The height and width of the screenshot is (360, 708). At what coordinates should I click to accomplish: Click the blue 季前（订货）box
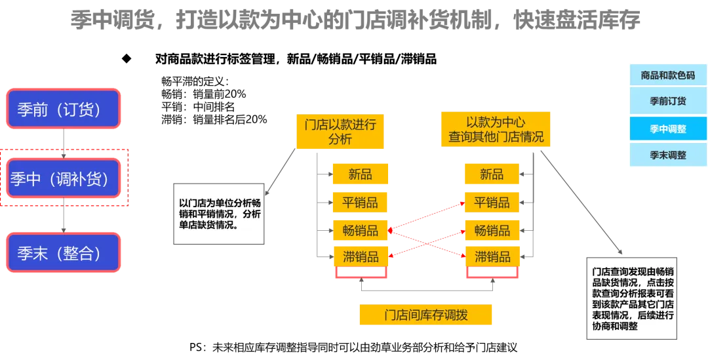tap(63, 108)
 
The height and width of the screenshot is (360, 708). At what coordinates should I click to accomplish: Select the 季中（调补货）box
tap(63, 178)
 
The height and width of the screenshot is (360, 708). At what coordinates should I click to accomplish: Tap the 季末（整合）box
tap(63, 252)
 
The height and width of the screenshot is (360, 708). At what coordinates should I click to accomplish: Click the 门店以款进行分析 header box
tap(340, 130)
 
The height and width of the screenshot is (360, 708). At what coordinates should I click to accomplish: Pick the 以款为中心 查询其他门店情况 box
tap(496, 129)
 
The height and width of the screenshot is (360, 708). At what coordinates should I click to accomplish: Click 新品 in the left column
tap(360, 174)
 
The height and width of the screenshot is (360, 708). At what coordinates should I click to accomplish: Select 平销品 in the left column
tap(360, 202)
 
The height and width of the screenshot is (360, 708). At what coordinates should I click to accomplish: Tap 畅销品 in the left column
tap(360, 230)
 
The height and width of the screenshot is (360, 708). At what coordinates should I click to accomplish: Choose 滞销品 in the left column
tap(360, 256)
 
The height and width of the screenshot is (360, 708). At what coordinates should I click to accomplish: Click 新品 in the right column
tap(491, 174)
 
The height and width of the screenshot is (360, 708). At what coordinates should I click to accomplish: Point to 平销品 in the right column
tap(491, 202)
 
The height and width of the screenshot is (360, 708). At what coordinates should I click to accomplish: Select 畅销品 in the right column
tap(491, 230)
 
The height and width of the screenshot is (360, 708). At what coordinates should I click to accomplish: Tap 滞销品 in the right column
tap(491, 256)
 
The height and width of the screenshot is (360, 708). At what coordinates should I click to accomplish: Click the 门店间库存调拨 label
tap(425, 315)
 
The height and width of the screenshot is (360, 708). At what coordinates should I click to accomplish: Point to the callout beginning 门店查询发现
tap(632, 298)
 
